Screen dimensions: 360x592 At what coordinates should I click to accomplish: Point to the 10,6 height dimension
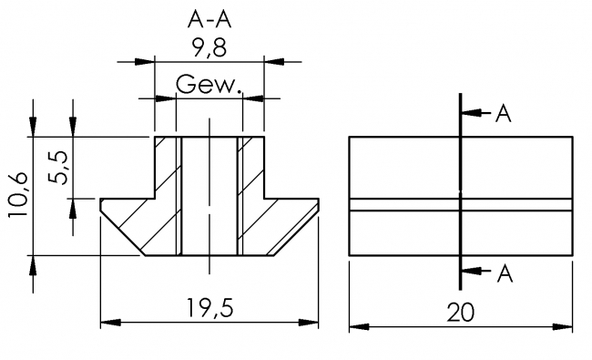[x=16, y=196]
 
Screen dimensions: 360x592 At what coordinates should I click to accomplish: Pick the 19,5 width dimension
[x=209, y=311]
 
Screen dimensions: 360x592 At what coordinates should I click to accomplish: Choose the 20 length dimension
[x=462, y=312]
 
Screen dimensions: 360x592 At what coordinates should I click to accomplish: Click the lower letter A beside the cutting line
[x=503, y=271]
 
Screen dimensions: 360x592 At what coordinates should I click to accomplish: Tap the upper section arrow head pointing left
[x=470, y=114]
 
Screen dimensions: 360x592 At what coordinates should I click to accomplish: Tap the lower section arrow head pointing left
[x=470, y=271]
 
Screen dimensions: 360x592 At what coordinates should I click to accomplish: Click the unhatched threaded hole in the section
[x=209, y=196]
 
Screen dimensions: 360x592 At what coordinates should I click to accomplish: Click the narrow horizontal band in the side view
[x=462, y=205]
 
